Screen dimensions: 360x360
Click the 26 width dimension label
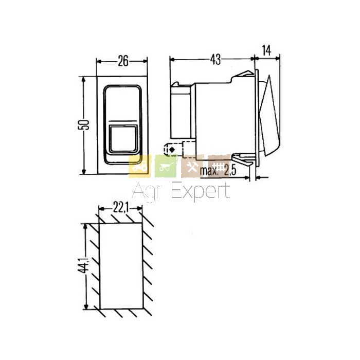click(123, 61)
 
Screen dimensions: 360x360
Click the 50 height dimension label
click(83, 124)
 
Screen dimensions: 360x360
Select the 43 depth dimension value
click(215, 59)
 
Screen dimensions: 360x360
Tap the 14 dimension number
click(266, 50)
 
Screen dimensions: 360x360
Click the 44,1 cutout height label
click(83, 265)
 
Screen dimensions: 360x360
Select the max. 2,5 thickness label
click(218, 171)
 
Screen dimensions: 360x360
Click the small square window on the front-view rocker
click(123, 139)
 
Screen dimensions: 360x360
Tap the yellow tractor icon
click(140, 166)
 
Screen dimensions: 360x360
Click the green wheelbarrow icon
click(166, 166)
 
